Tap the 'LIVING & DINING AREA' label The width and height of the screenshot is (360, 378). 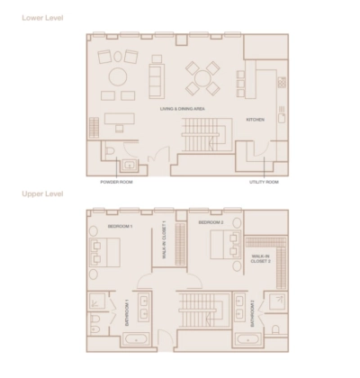click(184, 109)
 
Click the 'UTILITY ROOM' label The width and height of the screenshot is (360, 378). click(264, 182)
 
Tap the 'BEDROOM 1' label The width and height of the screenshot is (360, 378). click(120, 226)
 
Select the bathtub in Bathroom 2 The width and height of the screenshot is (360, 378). click(246, 339)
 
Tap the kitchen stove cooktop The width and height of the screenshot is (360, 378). click(283, 82)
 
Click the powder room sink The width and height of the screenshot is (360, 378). click(129, 165)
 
